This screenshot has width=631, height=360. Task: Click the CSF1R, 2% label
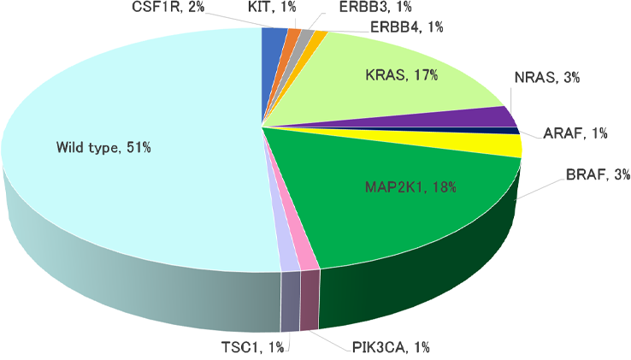point(168,7)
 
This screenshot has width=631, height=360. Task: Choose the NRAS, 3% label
point(547,78)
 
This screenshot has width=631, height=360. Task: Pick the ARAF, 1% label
point(575,133)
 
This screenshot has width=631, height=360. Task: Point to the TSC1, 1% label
point(248,346)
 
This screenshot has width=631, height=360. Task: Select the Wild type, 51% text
point(103,148)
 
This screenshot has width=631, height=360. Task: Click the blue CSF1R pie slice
point(273,38)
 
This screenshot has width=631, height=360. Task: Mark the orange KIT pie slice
point(292,36)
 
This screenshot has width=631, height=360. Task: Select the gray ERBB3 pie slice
point(305,37)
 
